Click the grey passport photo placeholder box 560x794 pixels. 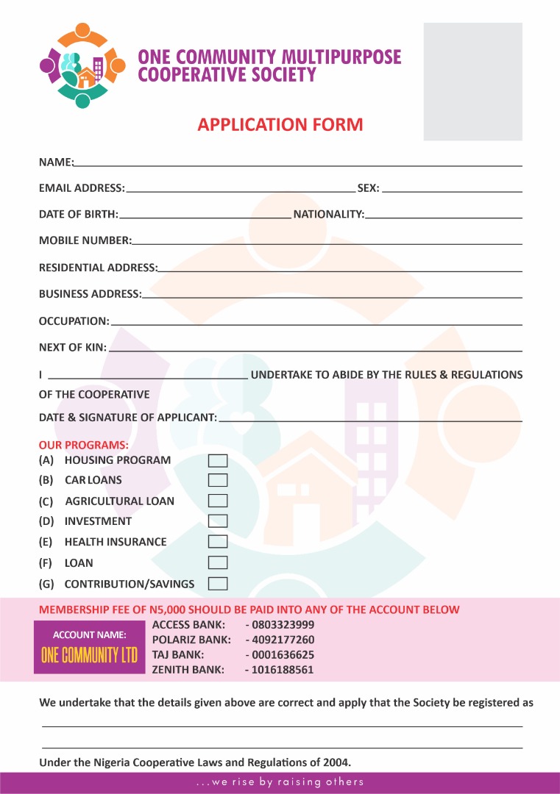point(472,81)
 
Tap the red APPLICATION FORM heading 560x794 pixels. point(280,124)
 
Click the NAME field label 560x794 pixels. point(56,162)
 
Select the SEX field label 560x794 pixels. point(368,188)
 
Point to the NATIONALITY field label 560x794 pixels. point(329,215)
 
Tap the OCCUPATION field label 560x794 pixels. point(74,321)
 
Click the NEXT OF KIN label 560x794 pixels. point(72,347)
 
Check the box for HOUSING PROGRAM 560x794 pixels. point(218,461)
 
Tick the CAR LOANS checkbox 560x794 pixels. point(218,481)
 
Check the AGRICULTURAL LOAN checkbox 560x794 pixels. point(218,501)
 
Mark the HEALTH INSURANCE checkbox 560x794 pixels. point(218,543)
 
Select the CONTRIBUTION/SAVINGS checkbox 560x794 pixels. point(218,584)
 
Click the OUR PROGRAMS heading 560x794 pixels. point(84,446)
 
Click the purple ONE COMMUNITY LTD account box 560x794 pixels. point(89,647)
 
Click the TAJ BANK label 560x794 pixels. point(178,654)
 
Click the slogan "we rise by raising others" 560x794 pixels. point(280,782)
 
